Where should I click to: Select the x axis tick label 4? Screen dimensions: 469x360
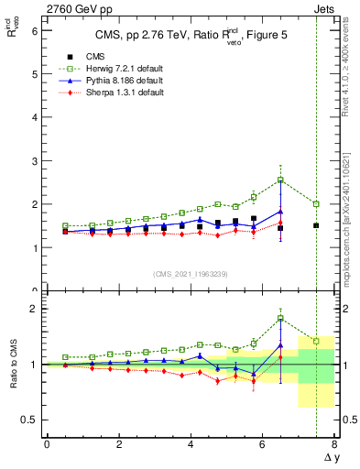(191, 444)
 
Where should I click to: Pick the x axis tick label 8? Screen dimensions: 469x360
(334, 444)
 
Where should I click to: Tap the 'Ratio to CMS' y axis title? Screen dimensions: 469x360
(14, 366)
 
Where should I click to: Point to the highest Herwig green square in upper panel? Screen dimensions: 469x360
(280, 180)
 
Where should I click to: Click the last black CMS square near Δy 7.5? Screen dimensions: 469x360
(316, 225)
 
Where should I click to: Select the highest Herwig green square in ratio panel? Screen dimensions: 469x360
(280, 318)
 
